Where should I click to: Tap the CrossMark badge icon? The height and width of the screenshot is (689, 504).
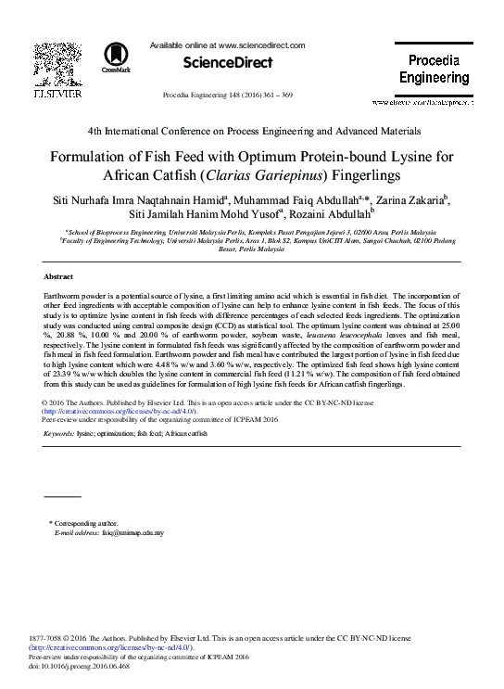pos(116,57)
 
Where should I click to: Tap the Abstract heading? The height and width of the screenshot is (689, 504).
pos(58,277)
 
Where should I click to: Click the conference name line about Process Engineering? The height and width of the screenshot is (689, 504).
pos(252,132)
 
